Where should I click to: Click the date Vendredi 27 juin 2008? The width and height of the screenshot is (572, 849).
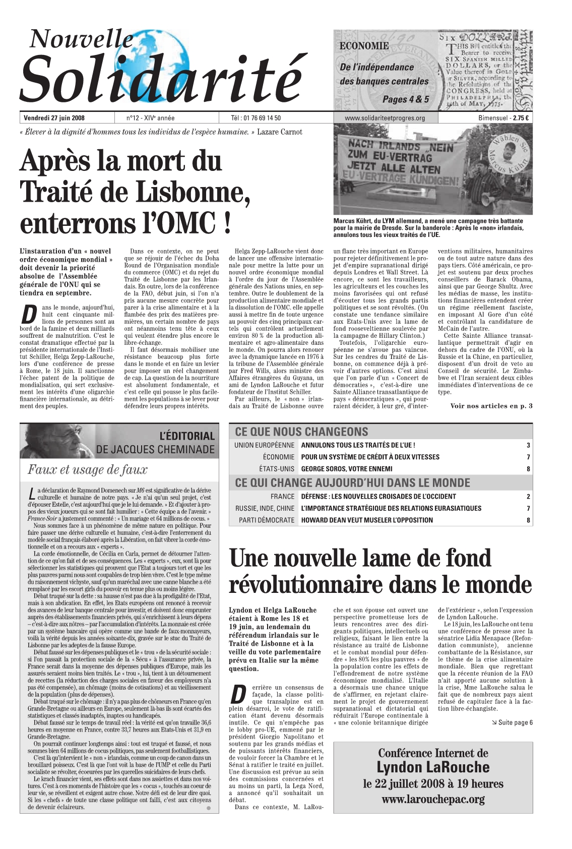point(54,118)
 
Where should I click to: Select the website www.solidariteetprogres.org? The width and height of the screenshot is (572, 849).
point(385,118)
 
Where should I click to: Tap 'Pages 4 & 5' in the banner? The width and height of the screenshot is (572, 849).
point(406,99)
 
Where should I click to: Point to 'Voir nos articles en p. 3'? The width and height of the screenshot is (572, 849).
point(491,406)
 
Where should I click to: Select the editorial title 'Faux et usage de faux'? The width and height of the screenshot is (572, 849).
point(88,470)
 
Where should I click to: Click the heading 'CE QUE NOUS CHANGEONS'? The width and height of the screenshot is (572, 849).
point(301,432)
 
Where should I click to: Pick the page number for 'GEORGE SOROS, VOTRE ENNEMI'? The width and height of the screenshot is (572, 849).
point(528,469)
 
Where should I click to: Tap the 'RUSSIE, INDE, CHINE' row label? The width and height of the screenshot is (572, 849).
point(265,508)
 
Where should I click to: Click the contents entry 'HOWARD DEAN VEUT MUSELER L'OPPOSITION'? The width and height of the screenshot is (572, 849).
point(367,520)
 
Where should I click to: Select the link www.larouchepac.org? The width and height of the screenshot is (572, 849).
point(433,799)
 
